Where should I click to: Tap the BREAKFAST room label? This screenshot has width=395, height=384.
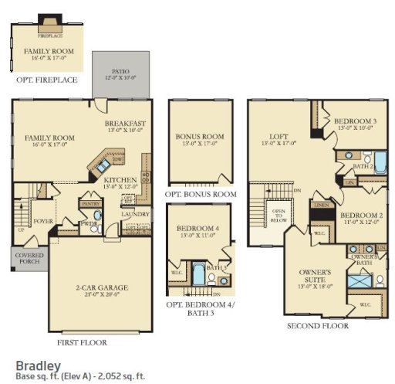pos(125,123)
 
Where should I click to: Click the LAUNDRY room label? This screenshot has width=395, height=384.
pos(136,214)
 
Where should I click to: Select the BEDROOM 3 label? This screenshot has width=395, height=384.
pos(355,122)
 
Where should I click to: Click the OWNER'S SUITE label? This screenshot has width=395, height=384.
pos(314,275)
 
